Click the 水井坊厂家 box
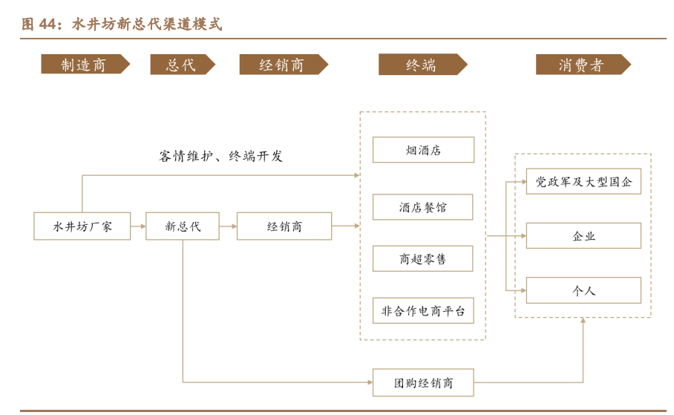coord(82,226)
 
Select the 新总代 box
coord(183,226)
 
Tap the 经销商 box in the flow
coord(284,226)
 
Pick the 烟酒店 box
coord(423,150)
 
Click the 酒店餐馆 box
coord(423,207)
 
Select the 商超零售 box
coord(423,258)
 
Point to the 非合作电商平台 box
coord(423,310)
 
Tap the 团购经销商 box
coord(423,383)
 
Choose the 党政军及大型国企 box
coord(583,181)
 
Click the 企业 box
coord(583,235)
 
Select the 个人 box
coord(583,290)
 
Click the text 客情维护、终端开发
coord(221,156)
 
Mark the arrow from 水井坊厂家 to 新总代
coord(138,226)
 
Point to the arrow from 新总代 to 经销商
coord(229,226)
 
